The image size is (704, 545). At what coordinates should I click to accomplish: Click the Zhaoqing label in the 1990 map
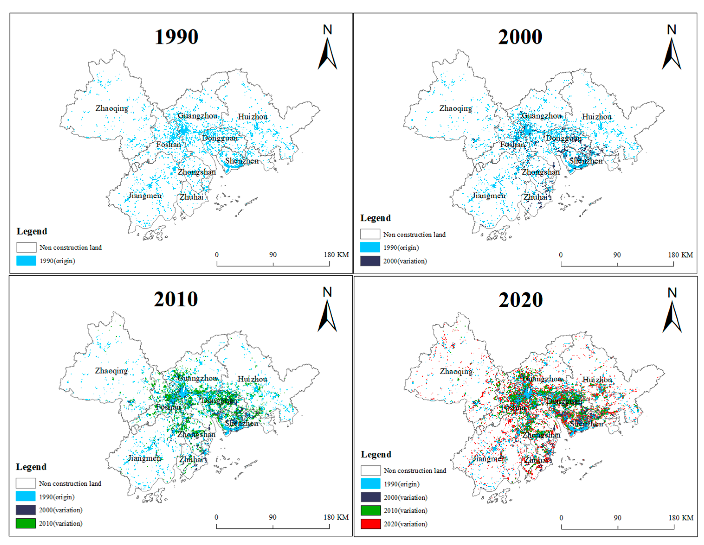click(x=112, y=108)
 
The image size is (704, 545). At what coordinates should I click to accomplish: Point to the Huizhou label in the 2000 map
click(x=597, y=117)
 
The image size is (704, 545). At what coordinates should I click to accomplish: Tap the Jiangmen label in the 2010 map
click(x=145, y=458)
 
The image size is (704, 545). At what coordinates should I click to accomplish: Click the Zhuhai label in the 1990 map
click(x=191, y=197)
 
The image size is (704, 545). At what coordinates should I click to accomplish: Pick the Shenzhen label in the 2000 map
click(x=586, y=161)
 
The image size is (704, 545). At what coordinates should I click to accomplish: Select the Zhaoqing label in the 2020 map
click(x=456, y=371)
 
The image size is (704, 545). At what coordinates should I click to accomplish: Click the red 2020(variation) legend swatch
click(x=370, y=524)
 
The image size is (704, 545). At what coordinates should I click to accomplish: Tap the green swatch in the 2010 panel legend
click(x=26, y=523)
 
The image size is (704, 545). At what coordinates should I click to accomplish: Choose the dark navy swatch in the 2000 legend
click(x=370, y=261)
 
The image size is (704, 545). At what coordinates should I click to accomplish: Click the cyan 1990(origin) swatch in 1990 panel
click(x=26, y=260)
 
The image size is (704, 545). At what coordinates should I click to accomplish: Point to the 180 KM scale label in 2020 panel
click(x=681, y=518)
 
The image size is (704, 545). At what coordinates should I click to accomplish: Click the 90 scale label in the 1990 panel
click(x=273, y=255)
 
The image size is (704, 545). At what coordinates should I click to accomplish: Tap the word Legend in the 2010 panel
click(x=31, y=467)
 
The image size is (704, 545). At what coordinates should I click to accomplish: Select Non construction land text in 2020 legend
click(x=415, y=470)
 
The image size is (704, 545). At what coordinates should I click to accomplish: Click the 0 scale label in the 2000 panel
click(x=561, y=255)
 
